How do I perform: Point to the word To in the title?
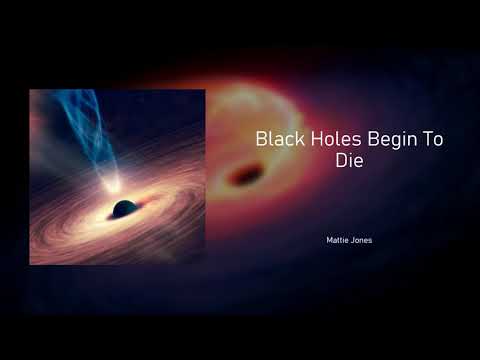[x=432, y=139]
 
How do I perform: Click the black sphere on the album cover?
[x=124, y=209]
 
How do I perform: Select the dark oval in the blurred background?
[x=243, y=177]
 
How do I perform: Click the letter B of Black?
[x=261, y=139]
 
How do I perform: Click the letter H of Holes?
[x=304, y=139]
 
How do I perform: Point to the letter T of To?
[x=426, y=139]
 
